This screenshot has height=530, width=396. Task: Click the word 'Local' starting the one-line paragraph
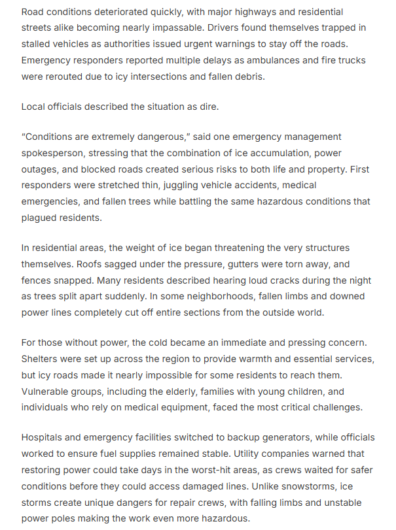[34, 107]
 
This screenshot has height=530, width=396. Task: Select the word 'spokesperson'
[53, 154]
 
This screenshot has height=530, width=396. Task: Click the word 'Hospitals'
[44, 437]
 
